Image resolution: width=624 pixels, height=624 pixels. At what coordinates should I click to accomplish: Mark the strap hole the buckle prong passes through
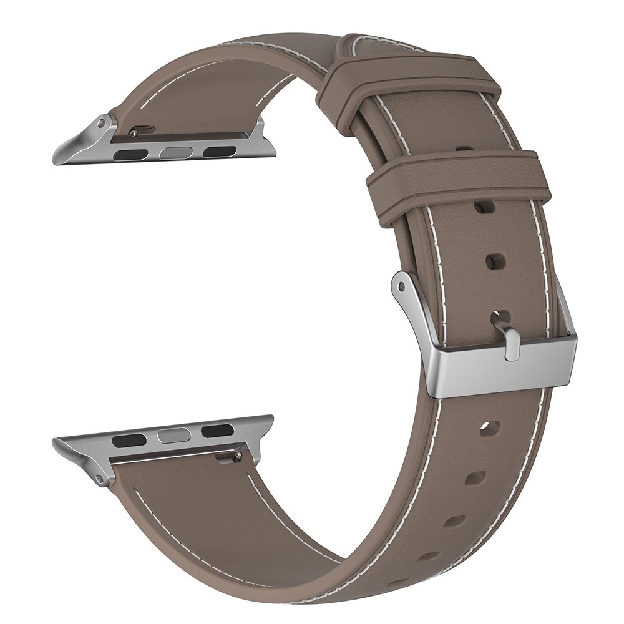click(500, 316)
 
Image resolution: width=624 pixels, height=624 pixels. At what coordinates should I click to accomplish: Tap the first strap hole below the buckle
click(490, 429)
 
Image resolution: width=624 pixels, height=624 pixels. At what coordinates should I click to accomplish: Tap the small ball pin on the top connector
click(133, 133)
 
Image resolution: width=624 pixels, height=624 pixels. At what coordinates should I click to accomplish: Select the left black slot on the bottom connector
click(129, 441)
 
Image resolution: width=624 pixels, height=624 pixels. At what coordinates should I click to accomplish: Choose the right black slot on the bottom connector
click(217, 430)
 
